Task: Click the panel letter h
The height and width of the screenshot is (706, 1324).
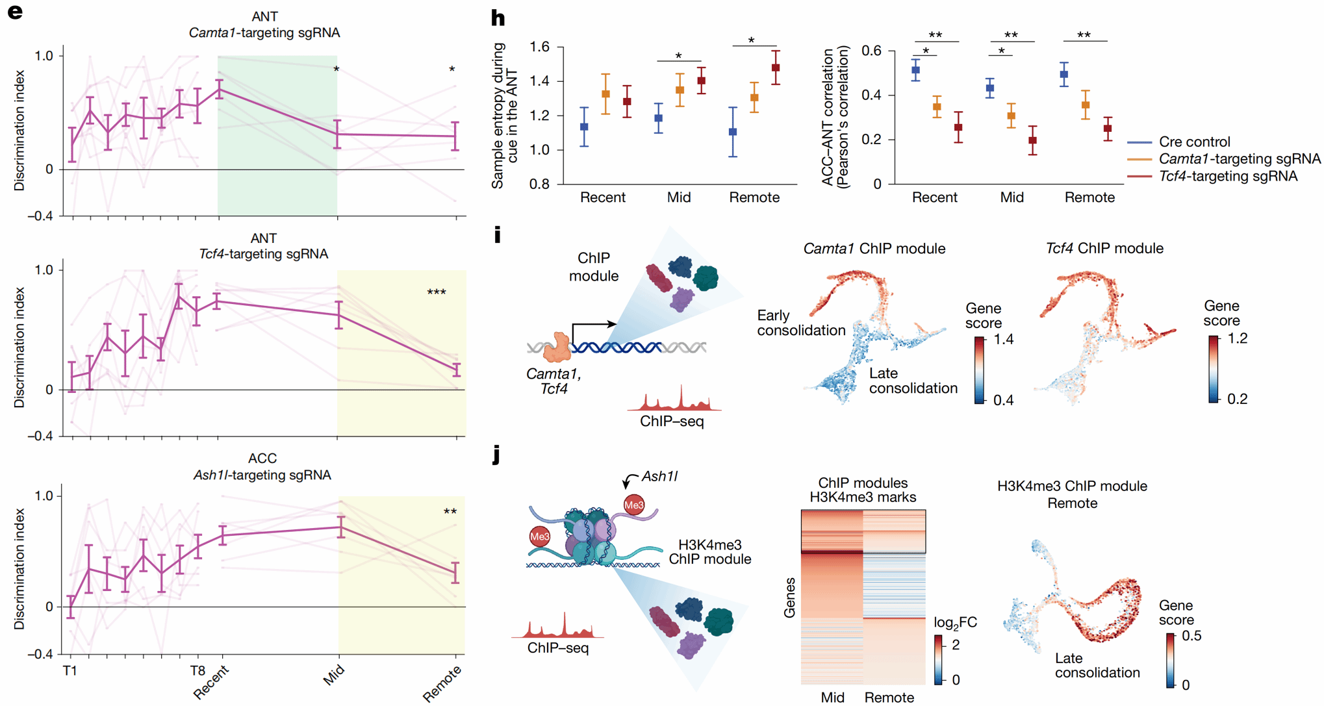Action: point(498,18)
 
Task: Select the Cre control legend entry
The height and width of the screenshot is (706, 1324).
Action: point(1194,142)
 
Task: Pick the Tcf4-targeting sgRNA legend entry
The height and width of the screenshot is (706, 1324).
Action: point(1228,176)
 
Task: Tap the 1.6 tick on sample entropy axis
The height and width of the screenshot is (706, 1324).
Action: point(540,47)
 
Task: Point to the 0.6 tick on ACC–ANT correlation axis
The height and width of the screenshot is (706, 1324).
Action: point(871,51)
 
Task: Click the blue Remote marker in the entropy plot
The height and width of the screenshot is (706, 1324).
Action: point(733,132)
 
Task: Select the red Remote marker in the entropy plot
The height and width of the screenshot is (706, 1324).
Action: point(776,68)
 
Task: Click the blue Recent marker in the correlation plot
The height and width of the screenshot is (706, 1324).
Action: point(915,70)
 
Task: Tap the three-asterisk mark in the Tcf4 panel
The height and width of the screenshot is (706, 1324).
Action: point(437,292)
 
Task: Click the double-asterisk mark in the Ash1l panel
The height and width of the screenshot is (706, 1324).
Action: point(450,512)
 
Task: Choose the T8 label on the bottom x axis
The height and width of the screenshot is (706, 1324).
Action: point(197,671)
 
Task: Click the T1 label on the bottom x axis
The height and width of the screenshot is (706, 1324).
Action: point(70,671)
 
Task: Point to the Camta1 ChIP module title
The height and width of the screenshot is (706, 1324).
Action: point(874,248)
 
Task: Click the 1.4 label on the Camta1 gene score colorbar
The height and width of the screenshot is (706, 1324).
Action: point(1004,339)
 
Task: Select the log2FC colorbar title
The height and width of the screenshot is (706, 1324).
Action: point(955,623)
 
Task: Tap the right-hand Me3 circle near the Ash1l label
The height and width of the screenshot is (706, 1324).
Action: point(634,505)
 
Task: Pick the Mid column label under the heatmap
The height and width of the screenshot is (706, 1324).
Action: point(832,697)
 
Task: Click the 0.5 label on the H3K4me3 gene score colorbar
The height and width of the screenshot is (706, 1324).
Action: point(1191,636)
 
